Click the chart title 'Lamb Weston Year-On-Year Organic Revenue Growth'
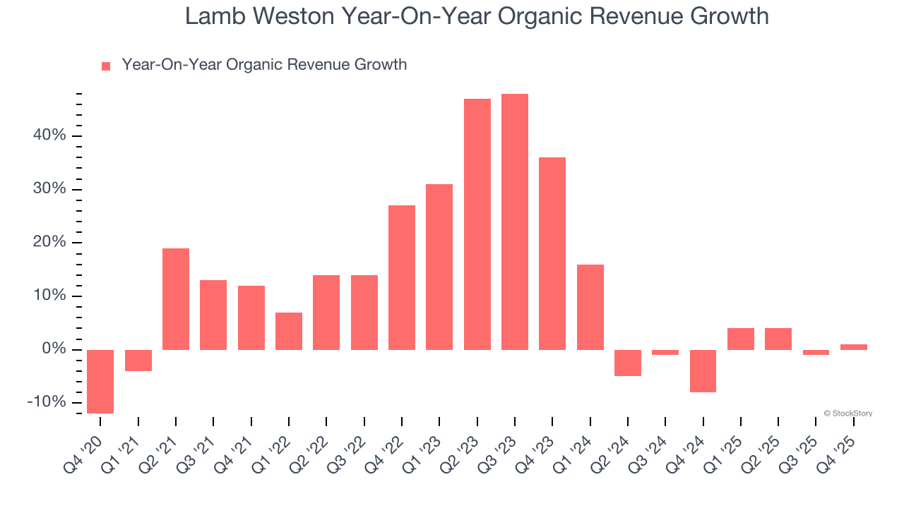477,16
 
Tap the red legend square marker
106,66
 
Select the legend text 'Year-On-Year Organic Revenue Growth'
264,65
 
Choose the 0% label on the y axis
54,349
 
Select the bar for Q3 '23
515,222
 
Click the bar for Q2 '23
477,224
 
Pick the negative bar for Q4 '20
100,381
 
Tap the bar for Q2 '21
176,299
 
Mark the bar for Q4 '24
703,370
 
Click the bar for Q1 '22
289,331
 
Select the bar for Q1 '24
590,307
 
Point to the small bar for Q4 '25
854,347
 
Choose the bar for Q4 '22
402,277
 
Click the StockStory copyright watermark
847,413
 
